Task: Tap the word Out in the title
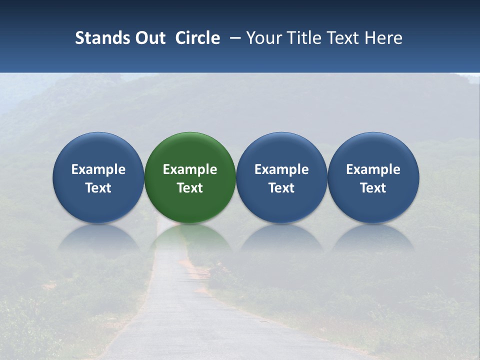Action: pyautogui.click(x=149, y=38)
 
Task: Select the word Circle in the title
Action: pyautogui.click(x=197, y=38)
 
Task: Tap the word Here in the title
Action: pyautogui.click(x=385, y=38)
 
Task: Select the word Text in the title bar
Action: pyautogui.click(x=342, y=38)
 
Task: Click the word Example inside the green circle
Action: pyautogui.click(x=190, y=169)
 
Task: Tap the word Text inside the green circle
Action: pyautogui.click(x=190, y=188)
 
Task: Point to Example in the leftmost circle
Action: pyautogui.click(x=98, y=169)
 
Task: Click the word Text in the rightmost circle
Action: pyautogui.click(x=373, y=188)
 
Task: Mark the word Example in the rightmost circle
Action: pyautogui.click(x=373, y=169)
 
